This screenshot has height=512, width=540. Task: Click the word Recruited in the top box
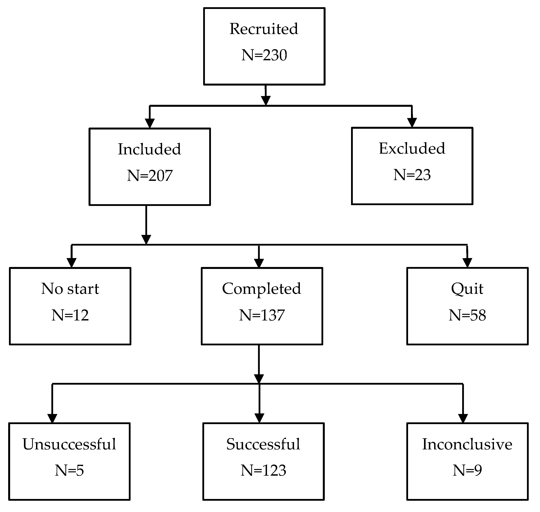pyautogui.click(x=264, y=29)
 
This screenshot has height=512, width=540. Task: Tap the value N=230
pyautogui.click(x=264, y=55)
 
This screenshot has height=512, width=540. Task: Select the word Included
pyautogui.click(x=149, y=149)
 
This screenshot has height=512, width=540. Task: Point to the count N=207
pyautogui.click(x=150, y=175)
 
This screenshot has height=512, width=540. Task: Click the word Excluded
pyautogui.click(x=412, y=149)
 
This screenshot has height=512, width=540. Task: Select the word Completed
pyautogui.click(x=261, y=289)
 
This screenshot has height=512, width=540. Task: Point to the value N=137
pyautogui.click(x=262, y=315)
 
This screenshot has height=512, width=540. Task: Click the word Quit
pyautogui.click(x=467, y=289)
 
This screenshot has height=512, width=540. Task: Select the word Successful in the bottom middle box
pyautogui.click(x=263, y=444)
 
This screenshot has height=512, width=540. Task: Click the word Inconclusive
pyautogui.click(x=467, y=444)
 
